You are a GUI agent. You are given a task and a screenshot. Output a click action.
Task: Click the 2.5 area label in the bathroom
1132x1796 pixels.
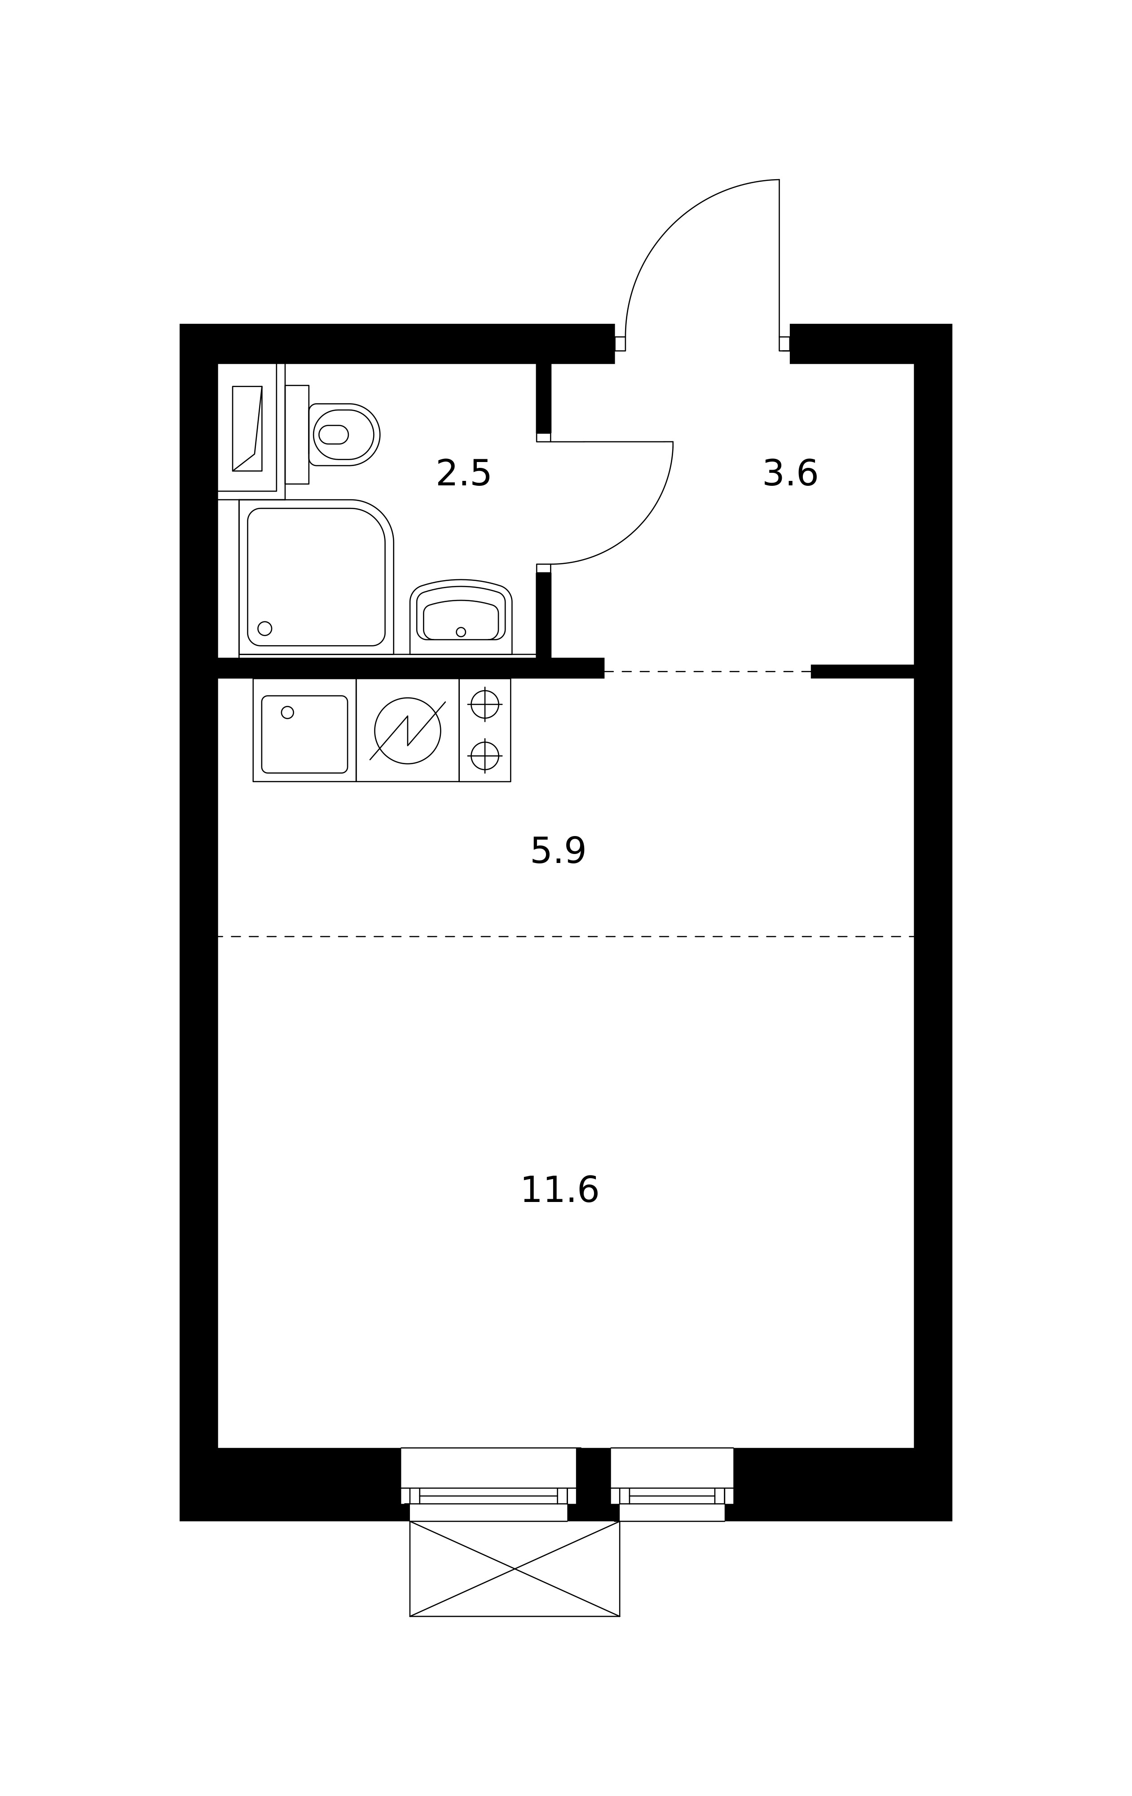[x=463, y=474]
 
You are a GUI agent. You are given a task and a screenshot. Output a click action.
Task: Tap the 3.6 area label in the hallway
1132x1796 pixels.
[x=790, y=474]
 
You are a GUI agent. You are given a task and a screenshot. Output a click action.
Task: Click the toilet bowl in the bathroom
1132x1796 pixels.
[x=344, y=435]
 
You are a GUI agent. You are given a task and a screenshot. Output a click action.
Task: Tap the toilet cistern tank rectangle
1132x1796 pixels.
[x=297, y=435]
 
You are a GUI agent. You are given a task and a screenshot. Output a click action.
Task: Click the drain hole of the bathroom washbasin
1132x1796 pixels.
[x=461, y=632]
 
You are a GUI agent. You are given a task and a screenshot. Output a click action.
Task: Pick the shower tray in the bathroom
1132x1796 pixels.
[x=316, y=577]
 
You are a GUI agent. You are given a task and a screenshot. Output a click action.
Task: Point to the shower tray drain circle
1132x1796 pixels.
[x=265, y=628]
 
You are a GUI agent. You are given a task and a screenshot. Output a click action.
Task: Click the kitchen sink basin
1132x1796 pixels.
[x=304, y=734]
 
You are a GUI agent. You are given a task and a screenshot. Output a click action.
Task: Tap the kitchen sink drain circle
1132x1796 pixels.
[x=287, y=712]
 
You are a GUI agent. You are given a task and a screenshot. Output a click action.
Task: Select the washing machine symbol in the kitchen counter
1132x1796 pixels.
[x=407, y=730]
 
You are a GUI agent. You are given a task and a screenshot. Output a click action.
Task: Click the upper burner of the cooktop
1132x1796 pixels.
[x=485, y=704]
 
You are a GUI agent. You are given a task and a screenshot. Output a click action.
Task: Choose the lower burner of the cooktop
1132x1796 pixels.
[x=485, y=756]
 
